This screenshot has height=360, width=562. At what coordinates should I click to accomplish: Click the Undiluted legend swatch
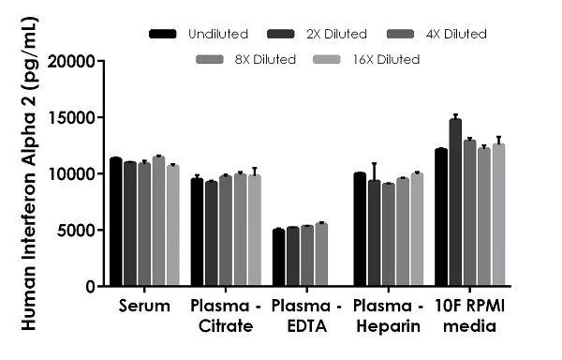coord(164,35)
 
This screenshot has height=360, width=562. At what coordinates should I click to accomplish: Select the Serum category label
coord(144,307)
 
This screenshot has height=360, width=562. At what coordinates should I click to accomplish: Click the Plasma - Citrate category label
coord(226,316)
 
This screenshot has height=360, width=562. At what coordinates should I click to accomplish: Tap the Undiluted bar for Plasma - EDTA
coord(278,258)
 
